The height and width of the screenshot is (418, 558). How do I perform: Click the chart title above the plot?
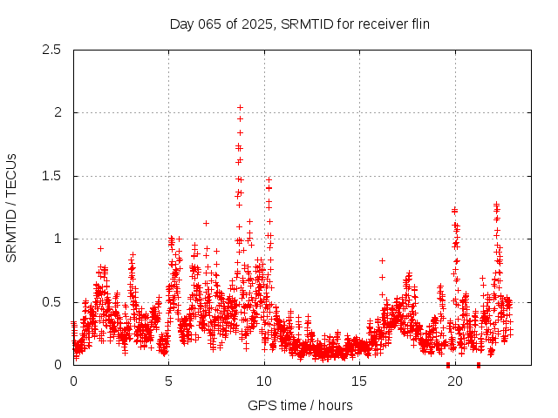(x=299, y=24)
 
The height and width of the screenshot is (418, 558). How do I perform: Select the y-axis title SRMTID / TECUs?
(x=11, y=207)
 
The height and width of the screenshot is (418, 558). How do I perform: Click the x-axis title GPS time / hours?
(x=299, y=405)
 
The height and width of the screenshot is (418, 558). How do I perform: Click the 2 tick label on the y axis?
(x=58, y=112)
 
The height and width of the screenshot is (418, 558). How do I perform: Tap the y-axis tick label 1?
(x=58, y=239)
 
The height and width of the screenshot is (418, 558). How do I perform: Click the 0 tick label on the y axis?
(x=58, y=365)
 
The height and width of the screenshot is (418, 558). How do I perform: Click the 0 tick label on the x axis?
(x=73, y=381)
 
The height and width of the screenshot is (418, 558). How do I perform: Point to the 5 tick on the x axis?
(x=168, y=381)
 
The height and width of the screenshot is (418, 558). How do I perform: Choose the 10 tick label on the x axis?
(x=264, y=381)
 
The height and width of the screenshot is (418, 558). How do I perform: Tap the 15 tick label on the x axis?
(x=359, y=381)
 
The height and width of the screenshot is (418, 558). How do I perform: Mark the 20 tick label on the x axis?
(x=455, y=381)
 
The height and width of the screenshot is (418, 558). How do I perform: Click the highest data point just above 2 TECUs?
(x=240, y=107)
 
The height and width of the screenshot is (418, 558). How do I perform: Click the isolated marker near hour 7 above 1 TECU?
(x=206, y=223)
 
